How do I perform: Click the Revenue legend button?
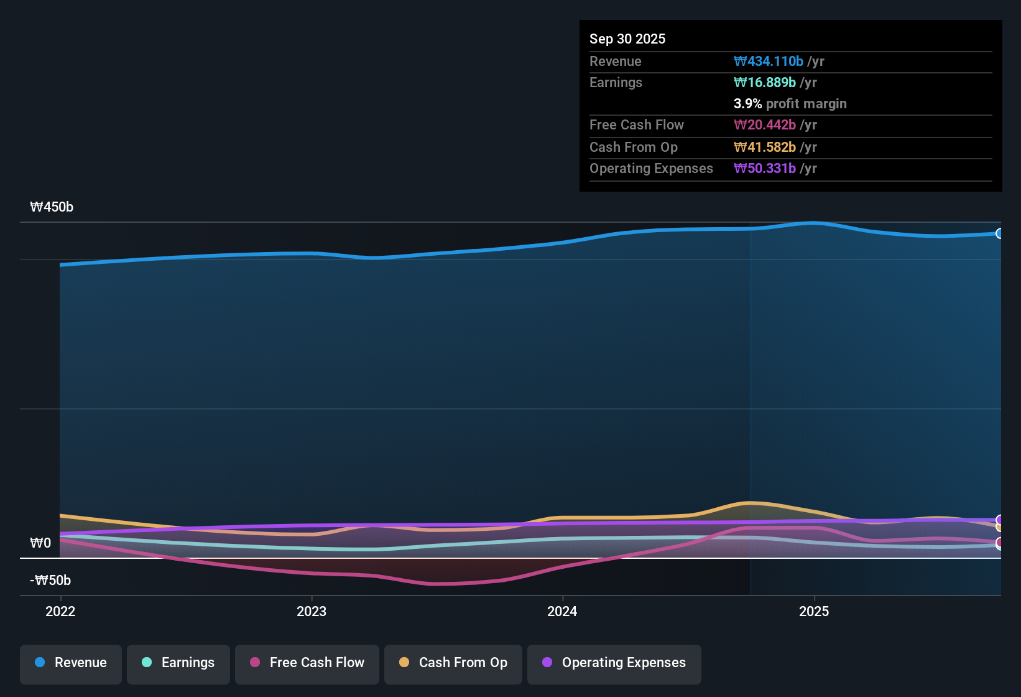pyautogui.click(x=71, y=663)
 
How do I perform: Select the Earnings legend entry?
pyautogui.click(x=178, y=663)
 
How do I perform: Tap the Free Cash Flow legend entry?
pyautogui.click(x=307, y=663)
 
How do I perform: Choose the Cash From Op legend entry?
pyautogui.click(x=453, y=663)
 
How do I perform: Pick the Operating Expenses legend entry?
pyautogui.click(x=614, y=663)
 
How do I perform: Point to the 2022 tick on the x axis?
pyautogui.click(x=60, y=611)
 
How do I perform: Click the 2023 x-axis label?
pyautogui.click(x=312, y=611)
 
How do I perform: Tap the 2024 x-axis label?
pyautogui.click(x=562, y=611)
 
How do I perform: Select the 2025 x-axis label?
pyautogui.click(x=814, y=611)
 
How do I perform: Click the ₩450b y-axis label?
pyautogui.click(x=52, y=207)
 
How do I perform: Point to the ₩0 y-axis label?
pyautogui.click(x=40, y=543)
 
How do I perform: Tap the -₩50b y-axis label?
pyautogui.click(x=50, y=581)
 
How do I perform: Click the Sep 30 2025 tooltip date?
pyautogui.click(x=627, y=39)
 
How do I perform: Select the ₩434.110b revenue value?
pyautogui.click(x=769, y=62)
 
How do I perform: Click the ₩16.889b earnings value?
pyautogui.click(x=765, y=83)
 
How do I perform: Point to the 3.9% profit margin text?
pyautogui.click(x=790, y=104)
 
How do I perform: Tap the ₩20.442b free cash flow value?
pyautogui.click(x=765, y=125)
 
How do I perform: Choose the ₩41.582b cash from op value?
pyautogui.click(x=765, y=147)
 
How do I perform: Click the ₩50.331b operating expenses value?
pyautogui.click(x=765, y=169)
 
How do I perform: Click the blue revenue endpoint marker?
pyautogui.click(x=1000, y=233)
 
